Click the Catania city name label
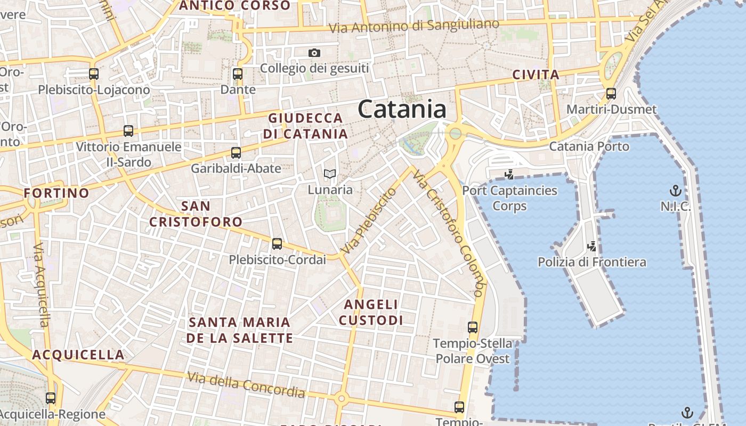click(402, 109)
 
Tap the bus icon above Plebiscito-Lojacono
click(94, 74)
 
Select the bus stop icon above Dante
click(238, 74)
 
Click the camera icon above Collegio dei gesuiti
click(314, 53)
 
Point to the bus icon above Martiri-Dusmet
click(611, 94)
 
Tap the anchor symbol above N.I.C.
click(675, 191)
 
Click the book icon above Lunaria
click(330, 174)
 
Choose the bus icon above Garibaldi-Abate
click(236, 153)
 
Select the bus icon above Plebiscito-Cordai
click(277, 244)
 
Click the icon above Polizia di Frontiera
click(591, 246)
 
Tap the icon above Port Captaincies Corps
click(509, 174)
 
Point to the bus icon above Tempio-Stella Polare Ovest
click(472, 327)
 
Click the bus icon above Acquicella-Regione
click(51, 398)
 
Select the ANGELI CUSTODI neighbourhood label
click(371, 312)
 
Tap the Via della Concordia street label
click(246, 385)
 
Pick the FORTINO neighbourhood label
click(56, 193)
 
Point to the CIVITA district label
click(536, 75)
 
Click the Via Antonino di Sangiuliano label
click(414, 26)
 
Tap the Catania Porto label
click(589, 146)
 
